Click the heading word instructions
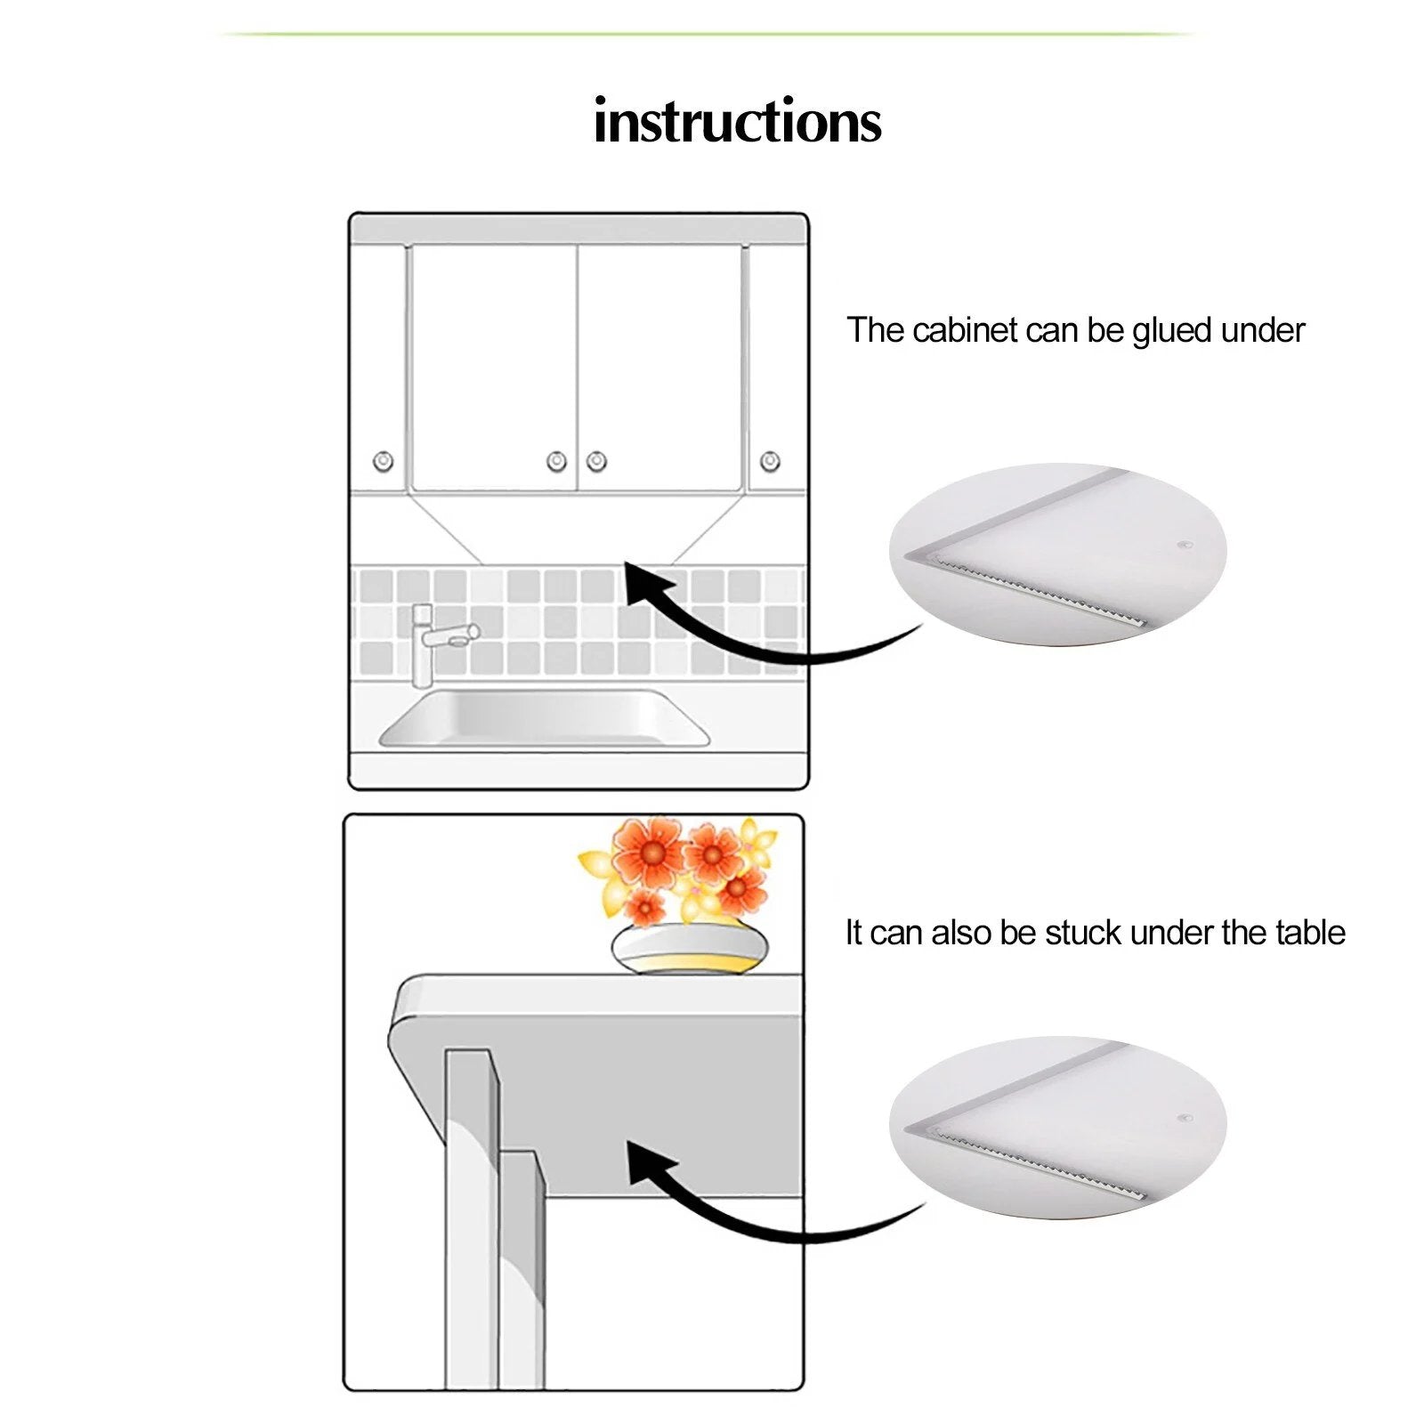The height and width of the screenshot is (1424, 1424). point(737,121)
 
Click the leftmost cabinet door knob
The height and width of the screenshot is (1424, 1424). point(384,461)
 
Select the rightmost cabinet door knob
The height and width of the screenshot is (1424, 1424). point(771,461)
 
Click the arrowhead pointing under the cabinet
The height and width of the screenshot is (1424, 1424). point(645,583)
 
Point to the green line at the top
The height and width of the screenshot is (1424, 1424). point(708,34)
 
